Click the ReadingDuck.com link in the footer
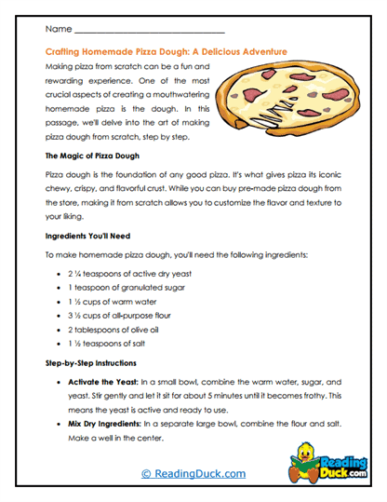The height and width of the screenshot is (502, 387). [x=193, y=473]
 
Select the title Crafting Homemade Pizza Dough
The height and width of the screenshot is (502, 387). [x=167, y=52]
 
